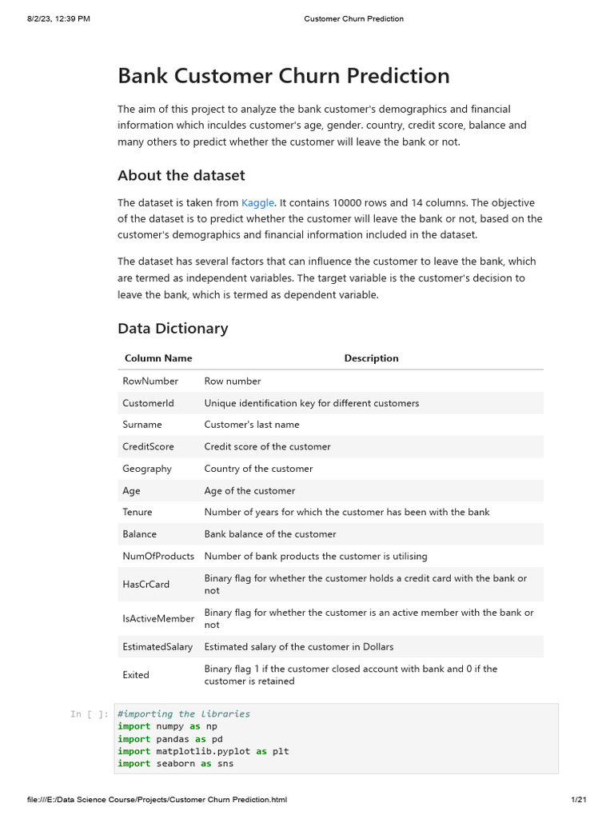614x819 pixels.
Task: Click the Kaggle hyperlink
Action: point(257,203)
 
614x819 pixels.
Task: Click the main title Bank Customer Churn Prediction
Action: point(283,76)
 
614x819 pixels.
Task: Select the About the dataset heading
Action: point(181,175)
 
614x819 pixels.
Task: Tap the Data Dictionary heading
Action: point(173,328)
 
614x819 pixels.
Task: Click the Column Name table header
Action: point(158,358)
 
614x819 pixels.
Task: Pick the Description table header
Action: point(371,358)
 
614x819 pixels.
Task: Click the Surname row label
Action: point(142,425)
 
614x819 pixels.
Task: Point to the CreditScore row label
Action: point(148,446)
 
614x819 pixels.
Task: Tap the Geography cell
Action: point(147,469)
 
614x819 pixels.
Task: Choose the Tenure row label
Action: point(138,512)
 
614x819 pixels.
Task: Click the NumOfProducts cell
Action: point(158,556)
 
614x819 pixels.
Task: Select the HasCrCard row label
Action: point(146,585)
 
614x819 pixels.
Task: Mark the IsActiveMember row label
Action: point(158,618)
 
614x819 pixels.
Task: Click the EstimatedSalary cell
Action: point(158,647)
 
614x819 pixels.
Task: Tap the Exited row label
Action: point(136,675)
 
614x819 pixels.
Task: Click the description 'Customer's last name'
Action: point(250,425)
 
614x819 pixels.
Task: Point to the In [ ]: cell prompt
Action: point(89,714)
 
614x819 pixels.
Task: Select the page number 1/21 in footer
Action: point(579,800)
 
